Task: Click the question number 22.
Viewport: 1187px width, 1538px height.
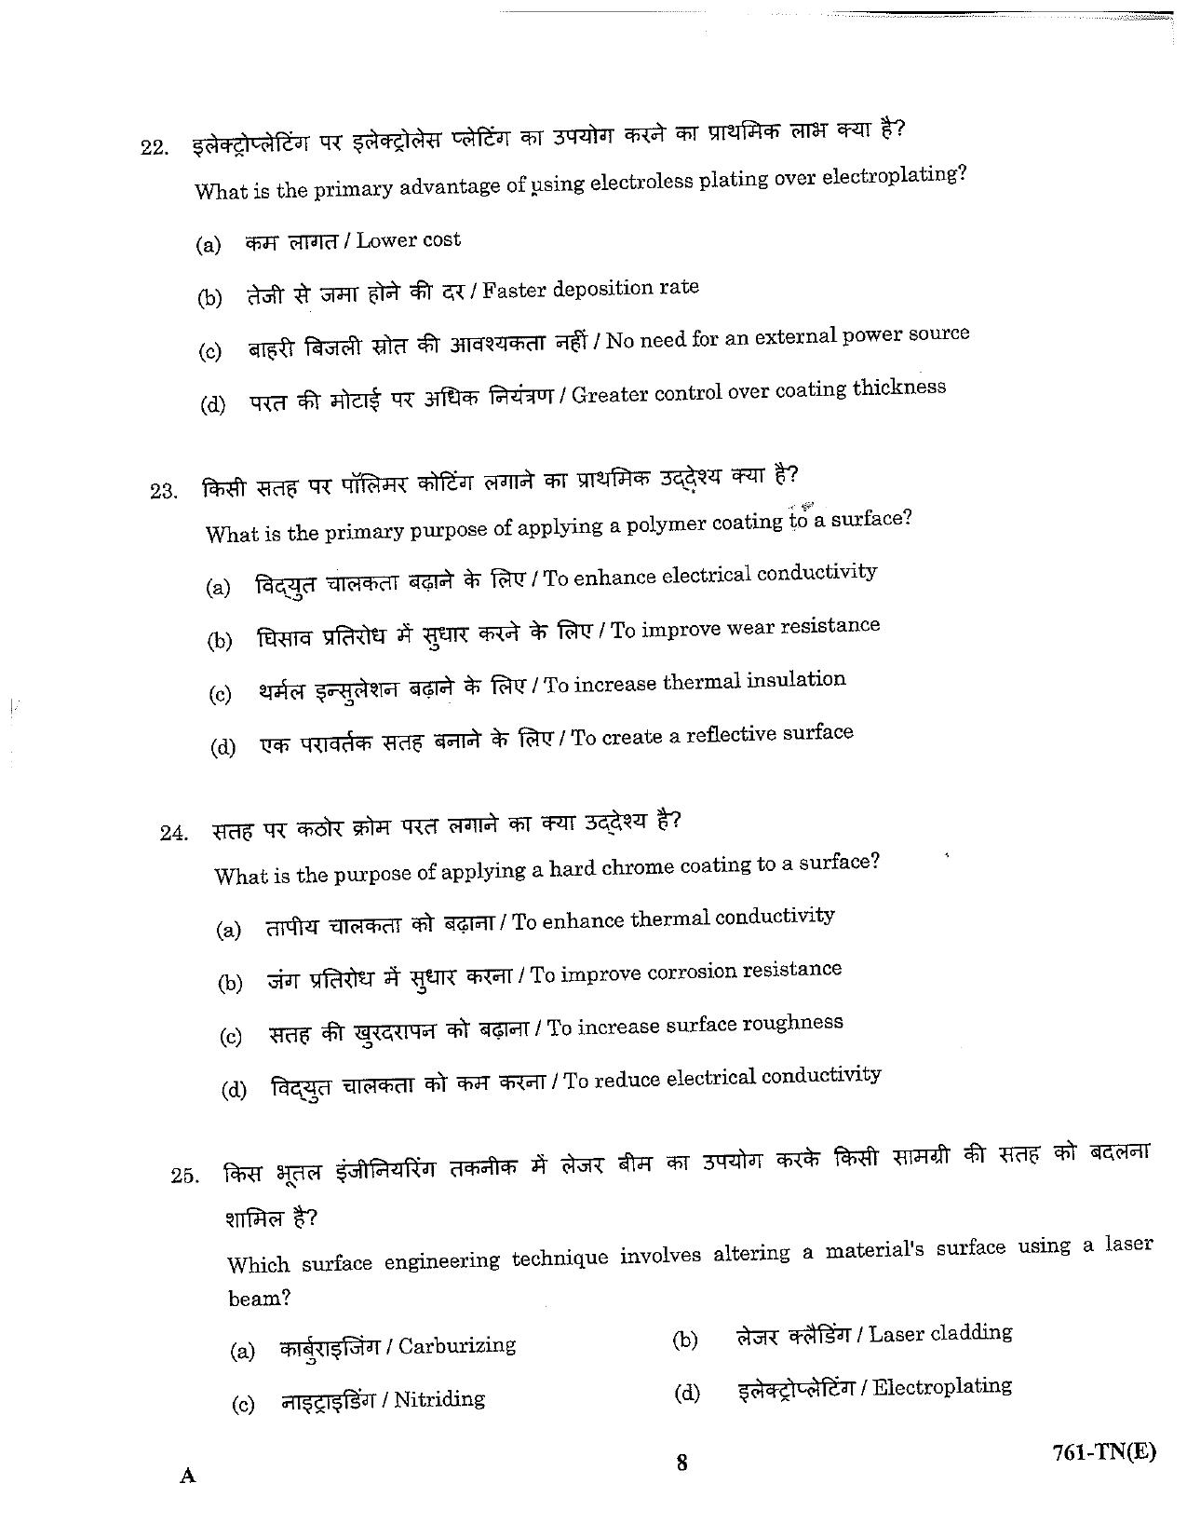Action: (154, 147)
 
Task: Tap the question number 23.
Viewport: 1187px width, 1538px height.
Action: (163, 490)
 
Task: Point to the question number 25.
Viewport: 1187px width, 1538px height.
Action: (185, 1176)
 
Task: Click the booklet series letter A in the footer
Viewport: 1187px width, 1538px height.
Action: (188, 1476)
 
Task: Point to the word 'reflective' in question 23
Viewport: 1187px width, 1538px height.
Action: (734, 734)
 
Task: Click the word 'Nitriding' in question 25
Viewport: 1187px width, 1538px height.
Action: (439, 1398)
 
